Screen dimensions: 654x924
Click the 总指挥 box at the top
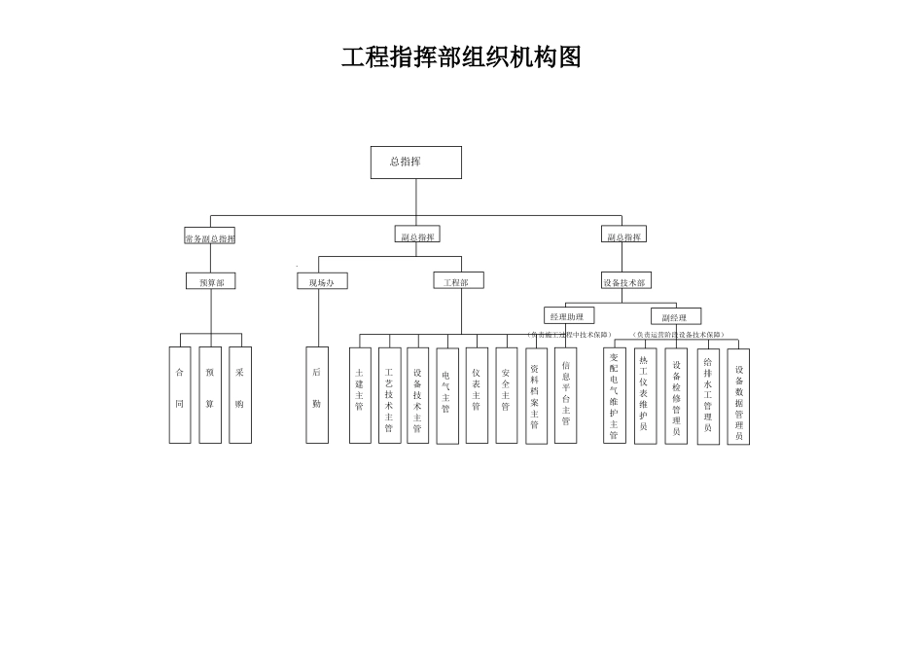(x=415, y=163)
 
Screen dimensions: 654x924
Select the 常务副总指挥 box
(x=210, y=237)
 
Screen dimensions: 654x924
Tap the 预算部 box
(x=211, y=281)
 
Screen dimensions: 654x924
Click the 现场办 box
(x=321, y=281)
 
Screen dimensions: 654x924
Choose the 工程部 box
(x=457, y=281)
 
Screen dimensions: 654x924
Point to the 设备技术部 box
(x=624, y=281)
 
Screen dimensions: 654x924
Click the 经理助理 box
(x=567, y=316)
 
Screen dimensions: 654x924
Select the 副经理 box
(x=675, y=317)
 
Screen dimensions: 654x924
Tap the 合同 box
(x=180, y=394)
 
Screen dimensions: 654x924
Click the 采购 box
(x=240, y=394)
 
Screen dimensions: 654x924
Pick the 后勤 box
(x=317, y=394)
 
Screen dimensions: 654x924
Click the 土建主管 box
(x=360, y=395)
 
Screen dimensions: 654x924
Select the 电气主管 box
(x=446, y=395)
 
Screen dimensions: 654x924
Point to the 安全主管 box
(x=506, y=395)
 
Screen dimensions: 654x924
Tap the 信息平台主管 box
(x=566, y=395)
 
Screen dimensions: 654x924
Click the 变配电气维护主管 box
(x=614, y=396)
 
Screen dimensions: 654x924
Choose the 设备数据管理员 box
(x=738, y=396)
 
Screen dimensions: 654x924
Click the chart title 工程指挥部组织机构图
(x=461, y=57)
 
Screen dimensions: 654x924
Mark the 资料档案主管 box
(x=536, y=395)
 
